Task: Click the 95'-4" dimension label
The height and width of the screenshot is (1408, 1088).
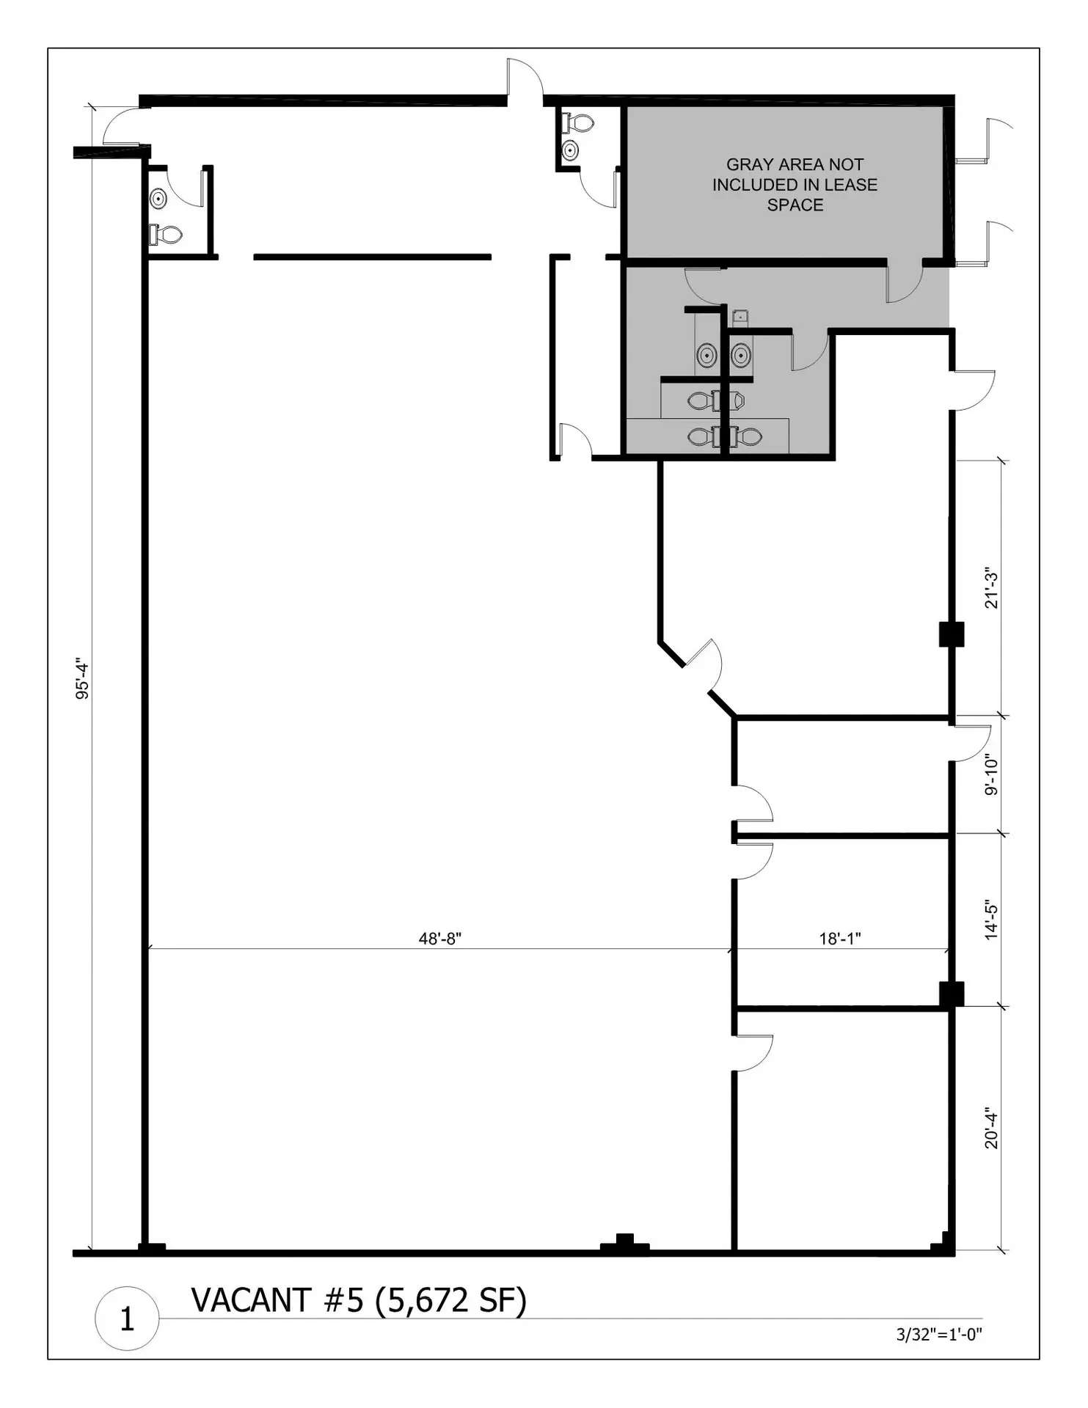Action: tap(82, 680)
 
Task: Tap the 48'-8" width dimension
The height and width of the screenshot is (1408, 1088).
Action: tap(439, 939)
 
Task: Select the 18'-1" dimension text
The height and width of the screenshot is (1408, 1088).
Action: tap(839, 939)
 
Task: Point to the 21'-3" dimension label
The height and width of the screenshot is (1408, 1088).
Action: tap(991, 587)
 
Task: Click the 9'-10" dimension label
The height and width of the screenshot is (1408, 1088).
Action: tap(991, 775)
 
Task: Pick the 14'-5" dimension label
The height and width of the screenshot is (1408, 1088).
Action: tap(991, 920)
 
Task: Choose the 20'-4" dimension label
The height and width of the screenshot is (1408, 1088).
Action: tap(991, 1128)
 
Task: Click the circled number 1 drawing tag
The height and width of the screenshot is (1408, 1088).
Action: tap(127, 1319)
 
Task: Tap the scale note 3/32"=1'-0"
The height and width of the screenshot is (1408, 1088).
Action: tap(939, 1335)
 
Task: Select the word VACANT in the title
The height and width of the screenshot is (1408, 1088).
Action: tap(251, 1300)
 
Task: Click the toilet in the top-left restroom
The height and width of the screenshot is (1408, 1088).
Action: tap(166, 235)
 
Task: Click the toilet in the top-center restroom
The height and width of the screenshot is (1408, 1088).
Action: tap(578, 122)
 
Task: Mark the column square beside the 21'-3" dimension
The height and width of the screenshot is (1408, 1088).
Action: tap(952, 634)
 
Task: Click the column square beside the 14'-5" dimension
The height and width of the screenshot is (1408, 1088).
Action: tap(952, 994)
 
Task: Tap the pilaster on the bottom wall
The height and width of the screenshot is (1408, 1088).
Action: tap(624, 1244)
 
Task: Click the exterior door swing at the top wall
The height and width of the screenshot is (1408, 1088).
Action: tap(525, 79)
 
